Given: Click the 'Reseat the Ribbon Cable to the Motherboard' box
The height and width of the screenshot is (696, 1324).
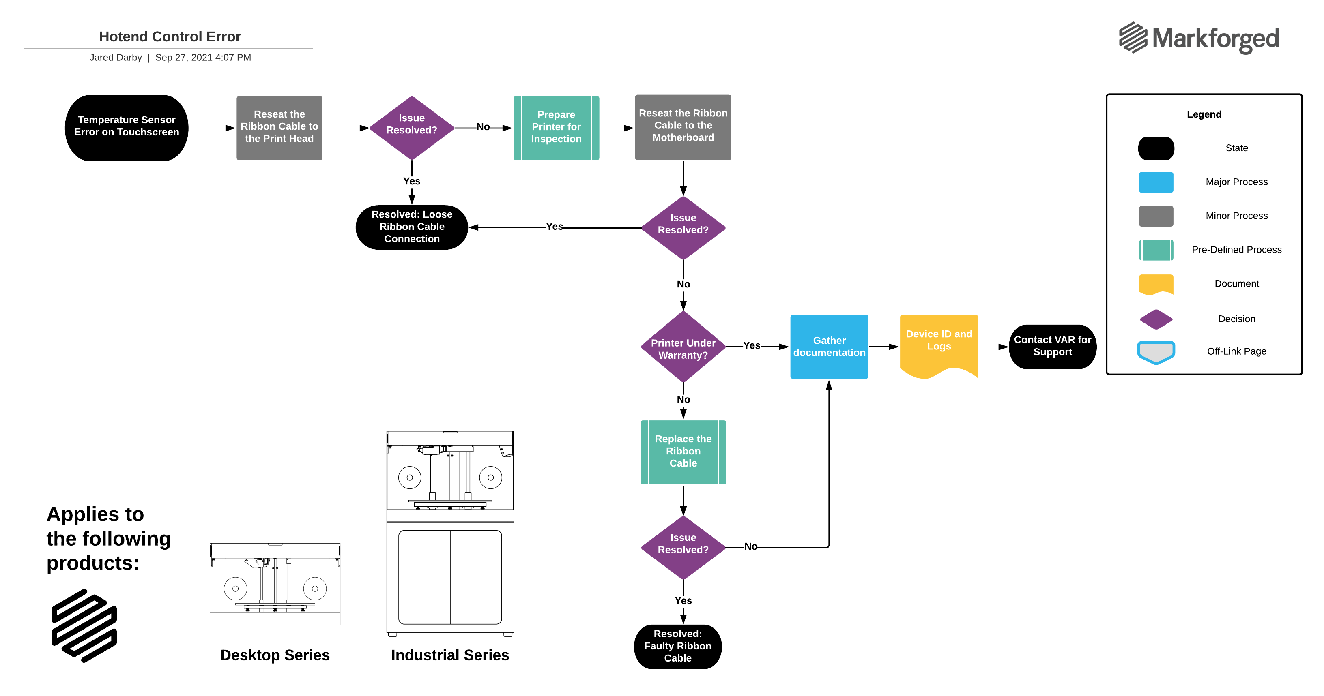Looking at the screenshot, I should coord(683,126).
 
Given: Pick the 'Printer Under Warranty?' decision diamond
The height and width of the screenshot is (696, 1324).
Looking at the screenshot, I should coord(683,348).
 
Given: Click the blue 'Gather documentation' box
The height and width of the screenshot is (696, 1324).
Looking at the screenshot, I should coord(829,347).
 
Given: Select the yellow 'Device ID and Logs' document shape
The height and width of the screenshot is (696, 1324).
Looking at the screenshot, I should coord(939,343).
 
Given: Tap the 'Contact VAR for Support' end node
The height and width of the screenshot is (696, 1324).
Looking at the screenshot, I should coord(1052,346).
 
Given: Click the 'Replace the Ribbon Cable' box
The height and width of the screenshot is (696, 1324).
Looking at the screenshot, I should coord(683,452).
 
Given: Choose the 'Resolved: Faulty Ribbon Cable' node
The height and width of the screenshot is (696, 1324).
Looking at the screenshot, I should coord(677,646).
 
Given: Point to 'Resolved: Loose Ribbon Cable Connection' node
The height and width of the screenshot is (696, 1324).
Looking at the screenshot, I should coord(412,227).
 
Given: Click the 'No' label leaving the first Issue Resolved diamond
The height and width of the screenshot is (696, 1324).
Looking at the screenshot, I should coord(483,127).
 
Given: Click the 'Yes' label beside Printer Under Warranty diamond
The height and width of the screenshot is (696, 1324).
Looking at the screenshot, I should coord(751,346).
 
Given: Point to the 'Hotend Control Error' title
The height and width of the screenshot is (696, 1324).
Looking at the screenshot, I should coord(170,36).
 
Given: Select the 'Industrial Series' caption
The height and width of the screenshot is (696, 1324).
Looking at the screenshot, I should coord(450,655).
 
